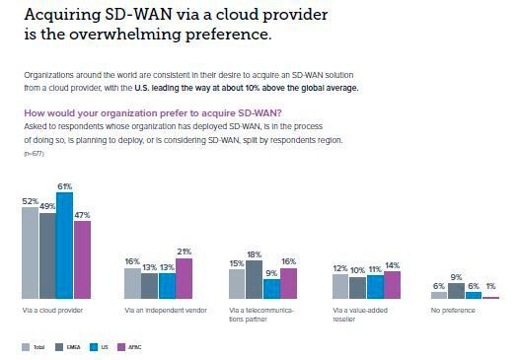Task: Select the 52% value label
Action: coord(30,200)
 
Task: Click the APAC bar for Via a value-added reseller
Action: coord(392,284)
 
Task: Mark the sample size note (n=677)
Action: coord(32,154)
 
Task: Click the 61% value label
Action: coord(65,184)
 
